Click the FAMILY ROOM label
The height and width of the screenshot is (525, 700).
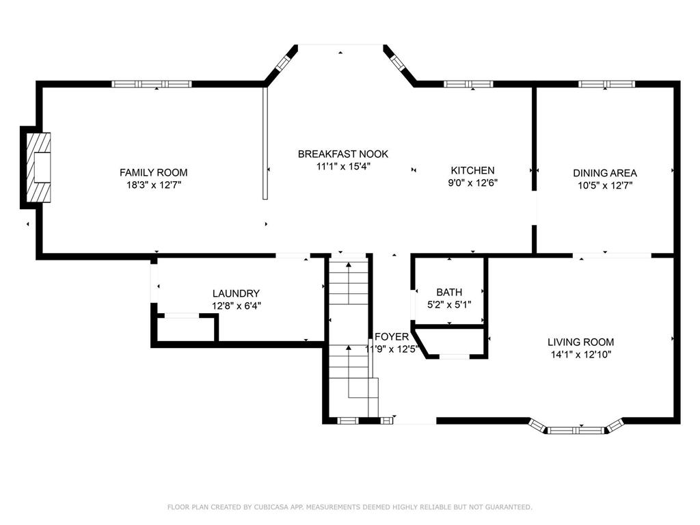coord(154,172)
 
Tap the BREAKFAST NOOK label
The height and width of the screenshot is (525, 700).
coord(343,154)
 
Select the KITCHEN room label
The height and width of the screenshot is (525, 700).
coord(472,170)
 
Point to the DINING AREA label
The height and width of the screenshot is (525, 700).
coord(605,173)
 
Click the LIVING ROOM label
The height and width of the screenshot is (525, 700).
coord(580,342)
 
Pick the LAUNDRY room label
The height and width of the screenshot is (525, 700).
coord(236,293)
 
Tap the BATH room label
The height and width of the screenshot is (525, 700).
coord(449,292)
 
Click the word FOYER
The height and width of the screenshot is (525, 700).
coord(392,336)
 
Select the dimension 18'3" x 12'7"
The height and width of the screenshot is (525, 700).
coord(154,185)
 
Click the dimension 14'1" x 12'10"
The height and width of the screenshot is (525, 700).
coord(580,355)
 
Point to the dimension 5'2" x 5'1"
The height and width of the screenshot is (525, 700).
coord(449,304)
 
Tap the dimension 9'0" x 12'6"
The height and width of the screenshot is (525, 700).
coord(472,183)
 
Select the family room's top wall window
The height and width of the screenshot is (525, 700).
coord(152,83)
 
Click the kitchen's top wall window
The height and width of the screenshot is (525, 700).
coord(468,83)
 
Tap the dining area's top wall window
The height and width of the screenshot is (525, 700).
coord(607,83)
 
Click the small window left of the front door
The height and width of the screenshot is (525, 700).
coord(348,420)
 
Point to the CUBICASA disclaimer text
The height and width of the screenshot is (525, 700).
coord(349,507)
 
